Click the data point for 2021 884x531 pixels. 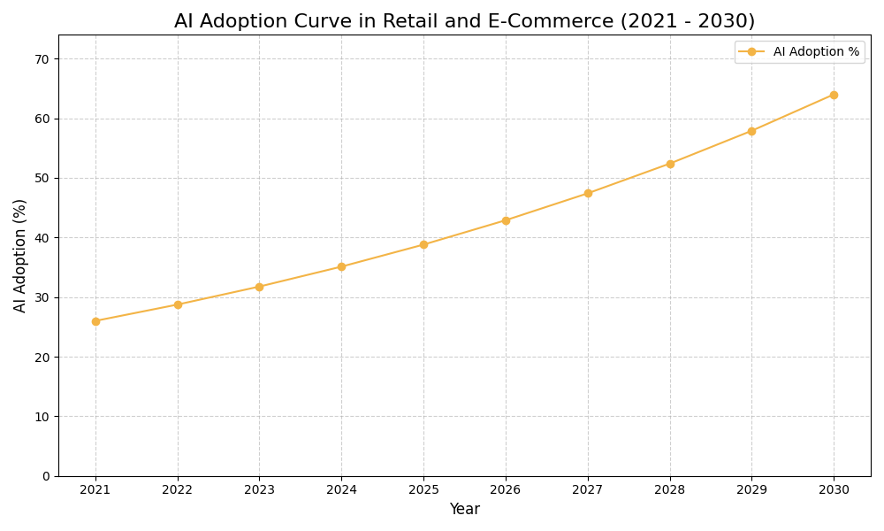(95, 321)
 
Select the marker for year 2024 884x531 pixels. (341, 266)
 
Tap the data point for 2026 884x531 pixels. (506, 220)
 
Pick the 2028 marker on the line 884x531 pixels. (670, 164)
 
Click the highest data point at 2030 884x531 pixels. (834, 95)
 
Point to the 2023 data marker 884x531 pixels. (259, 287)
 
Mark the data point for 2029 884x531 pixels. (751, 131)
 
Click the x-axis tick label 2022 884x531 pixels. (178, 490)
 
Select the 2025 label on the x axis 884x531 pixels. (423, 490)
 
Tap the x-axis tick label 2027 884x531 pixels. (588, 490)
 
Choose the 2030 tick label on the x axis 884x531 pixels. (834, 490)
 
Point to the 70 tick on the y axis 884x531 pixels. (42, 59)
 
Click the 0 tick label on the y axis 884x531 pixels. (45, 476)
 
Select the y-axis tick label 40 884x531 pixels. (42, 238)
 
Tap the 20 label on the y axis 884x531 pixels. (42, 358)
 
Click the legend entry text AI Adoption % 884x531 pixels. (816, 52)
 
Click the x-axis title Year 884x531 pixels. (464, 510)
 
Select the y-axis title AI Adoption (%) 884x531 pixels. (20, 255)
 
